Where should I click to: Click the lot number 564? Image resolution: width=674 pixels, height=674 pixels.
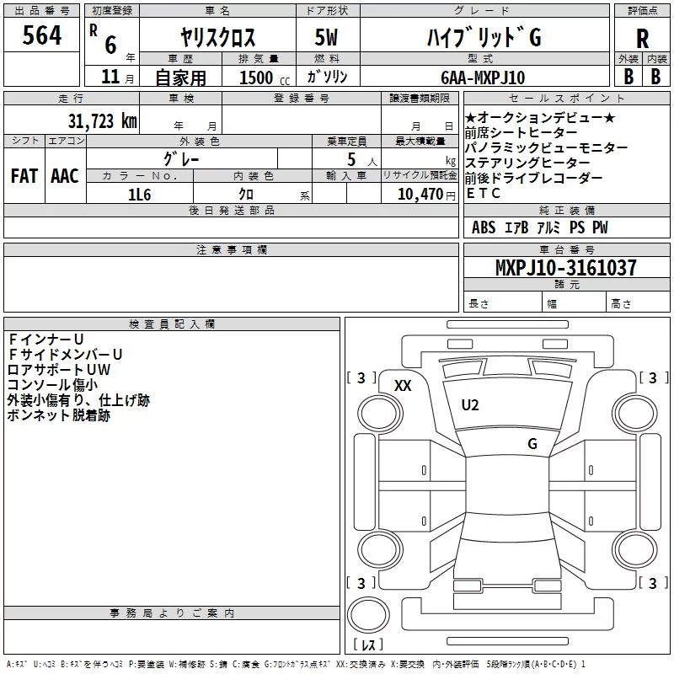(41, 35)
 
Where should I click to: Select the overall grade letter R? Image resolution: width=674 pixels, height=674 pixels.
(642, 39)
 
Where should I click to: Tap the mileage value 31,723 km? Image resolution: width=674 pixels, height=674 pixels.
(102, 121)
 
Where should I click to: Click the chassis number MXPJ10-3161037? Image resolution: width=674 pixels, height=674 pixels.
(565, 267)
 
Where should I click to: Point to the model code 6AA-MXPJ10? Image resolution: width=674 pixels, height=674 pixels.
(483, 78)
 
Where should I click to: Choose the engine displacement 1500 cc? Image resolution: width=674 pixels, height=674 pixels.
(265, 78)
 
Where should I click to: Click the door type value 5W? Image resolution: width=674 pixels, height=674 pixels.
(326, 37)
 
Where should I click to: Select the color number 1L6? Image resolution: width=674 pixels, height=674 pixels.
(139, 195)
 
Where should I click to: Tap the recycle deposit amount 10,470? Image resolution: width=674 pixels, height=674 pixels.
(420, 195)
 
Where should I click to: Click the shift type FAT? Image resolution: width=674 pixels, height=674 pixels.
(24, 176)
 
